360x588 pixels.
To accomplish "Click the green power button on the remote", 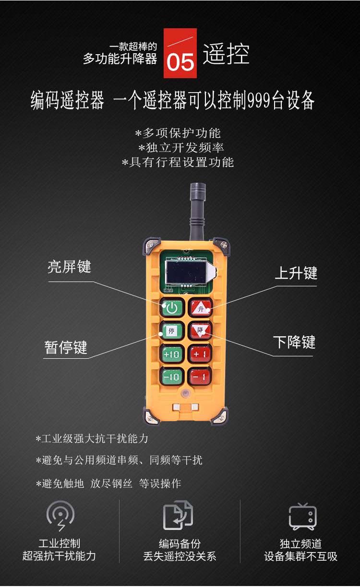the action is coord(172,307).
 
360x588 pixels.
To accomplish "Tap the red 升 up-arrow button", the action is coord(201,307).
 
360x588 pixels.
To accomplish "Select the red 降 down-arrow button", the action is coord(201,330).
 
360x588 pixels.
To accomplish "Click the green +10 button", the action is coord(172,354).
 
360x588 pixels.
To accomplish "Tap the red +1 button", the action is coord(201,354).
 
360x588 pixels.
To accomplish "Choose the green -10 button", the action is coord(172,376).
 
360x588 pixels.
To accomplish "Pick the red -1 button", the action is coord(201,376).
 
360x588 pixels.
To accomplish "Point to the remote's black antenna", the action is coord(198,212).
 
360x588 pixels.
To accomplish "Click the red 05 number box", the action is coord(180,53).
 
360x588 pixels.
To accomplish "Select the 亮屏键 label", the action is coord(70,267).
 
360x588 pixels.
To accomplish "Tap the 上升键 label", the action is coord(296,273).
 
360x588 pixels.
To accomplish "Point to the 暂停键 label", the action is coord(66,348).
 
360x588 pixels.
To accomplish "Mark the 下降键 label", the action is coord(294,342).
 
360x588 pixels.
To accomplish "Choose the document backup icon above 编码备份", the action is coord(178,515).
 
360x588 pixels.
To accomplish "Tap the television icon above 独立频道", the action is coord(303,517).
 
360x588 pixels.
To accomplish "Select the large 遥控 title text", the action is coord(226,54).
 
